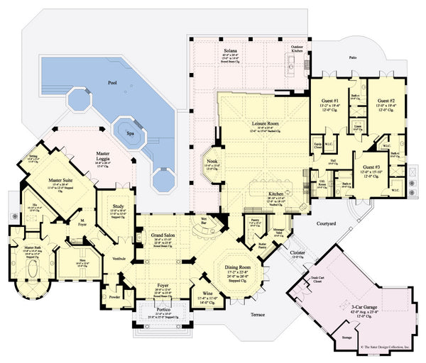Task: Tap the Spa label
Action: pos(130,133)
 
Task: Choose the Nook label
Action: pos(212,162)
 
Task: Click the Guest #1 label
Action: pos(329,101)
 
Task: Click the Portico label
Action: pos(163,312)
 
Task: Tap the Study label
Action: pos(119,206)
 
